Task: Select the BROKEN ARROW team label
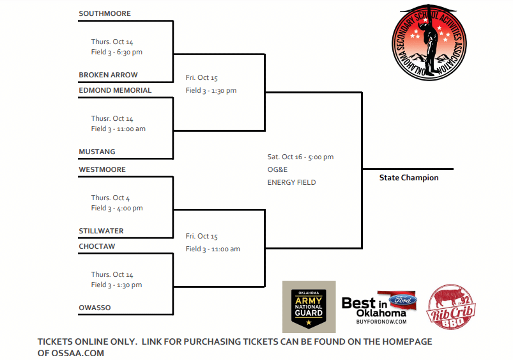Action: click(x=108, y=75)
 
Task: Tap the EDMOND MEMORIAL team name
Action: click(x=115, y=90)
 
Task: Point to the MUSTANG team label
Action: click(x=97, y=152)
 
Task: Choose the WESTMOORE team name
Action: click(x=102, y=169)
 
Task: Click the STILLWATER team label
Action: click(x=101, y=231)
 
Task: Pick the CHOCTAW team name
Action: click(x=97, y=246)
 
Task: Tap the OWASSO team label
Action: click(x=95, y=308)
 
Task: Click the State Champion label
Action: click(x=409, y=178)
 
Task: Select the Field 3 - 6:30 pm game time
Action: click(x=117, y=52)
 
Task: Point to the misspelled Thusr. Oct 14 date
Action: click(x=112, y=118)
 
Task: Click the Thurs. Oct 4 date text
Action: click(x=111, y=198)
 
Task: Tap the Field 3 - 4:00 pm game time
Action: click(x=117, y=208)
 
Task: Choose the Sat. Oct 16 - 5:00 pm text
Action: click(x=300, y=157)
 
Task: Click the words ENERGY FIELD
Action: click(x=291, y=182)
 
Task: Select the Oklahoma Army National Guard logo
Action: click(x=309, y=306)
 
